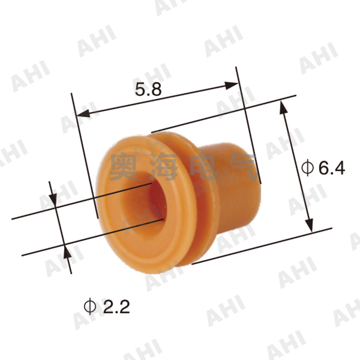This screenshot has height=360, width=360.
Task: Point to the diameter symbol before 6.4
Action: tap(307, 168)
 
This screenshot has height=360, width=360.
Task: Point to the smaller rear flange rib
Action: tap(198, 206)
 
